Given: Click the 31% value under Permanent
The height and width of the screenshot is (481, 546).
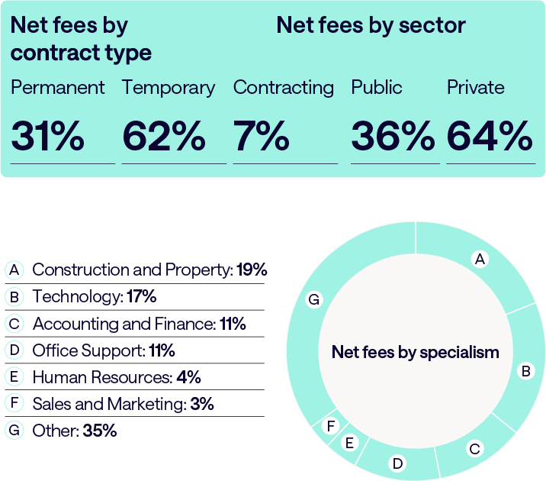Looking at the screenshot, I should point(47,137).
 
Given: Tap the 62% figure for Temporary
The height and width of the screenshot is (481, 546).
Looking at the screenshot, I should point(164,137).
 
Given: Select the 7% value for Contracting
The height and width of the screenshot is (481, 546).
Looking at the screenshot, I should point(261,137).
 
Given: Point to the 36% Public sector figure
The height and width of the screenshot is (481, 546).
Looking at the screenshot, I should point(393,137).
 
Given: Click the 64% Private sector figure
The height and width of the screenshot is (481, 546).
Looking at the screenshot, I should point(490,137).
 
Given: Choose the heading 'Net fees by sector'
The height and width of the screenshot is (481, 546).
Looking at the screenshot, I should point(371,25).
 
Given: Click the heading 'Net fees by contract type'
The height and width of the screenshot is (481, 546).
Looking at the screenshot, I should point(81,39).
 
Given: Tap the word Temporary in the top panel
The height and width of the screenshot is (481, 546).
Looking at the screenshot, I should point(169,88).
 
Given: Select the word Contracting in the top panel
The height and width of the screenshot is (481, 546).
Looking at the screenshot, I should point(284,88).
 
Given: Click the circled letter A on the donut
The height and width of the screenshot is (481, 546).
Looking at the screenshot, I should point(480,260).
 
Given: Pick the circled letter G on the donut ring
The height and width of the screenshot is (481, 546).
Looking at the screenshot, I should point(313,300).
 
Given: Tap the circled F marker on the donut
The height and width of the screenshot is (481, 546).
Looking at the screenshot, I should point(331,426).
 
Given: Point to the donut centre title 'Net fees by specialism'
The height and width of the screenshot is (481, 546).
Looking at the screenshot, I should point(415,353).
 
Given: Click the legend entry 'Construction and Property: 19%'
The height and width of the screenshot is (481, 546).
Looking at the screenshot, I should point(149,270).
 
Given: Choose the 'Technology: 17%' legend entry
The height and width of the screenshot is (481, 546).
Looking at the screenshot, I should point(95,297).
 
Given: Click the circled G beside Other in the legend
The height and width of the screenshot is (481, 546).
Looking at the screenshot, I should point(14,431).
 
